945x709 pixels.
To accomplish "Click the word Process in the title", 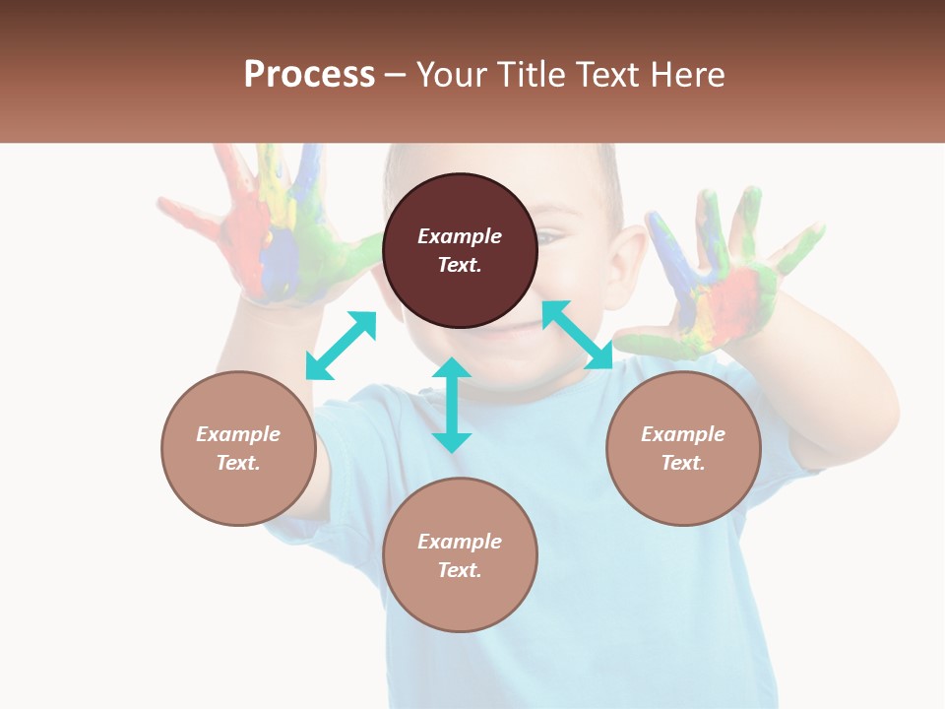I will pos(309,75).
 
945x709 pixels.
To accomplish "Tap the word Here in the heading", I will pos(686,75).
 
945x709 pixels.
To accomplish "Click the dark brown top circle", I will pos(460,250).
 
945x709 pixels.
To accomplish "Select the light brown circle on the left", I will pos(238,448).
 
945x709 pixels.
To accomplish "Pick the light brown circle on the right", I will pos(683,448).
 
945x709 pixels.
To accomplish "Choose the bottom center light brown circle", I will pos(460,555).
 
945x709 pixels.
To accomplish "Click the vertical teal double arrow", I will pos(452,405).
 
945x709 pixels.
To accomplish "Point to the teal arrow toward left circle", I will pos(341,346).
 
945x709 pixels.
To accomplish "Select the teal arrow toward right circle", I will pos(578,335).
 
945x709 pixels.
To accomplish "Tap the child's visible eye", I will pos(551,236).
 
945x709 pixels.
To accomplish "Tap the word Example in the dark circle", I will pos(460,236).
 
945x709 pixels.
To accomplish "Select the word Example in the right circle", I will pos(683,434).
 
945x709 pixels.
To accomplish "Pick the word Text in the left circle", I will pos(237,463).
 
